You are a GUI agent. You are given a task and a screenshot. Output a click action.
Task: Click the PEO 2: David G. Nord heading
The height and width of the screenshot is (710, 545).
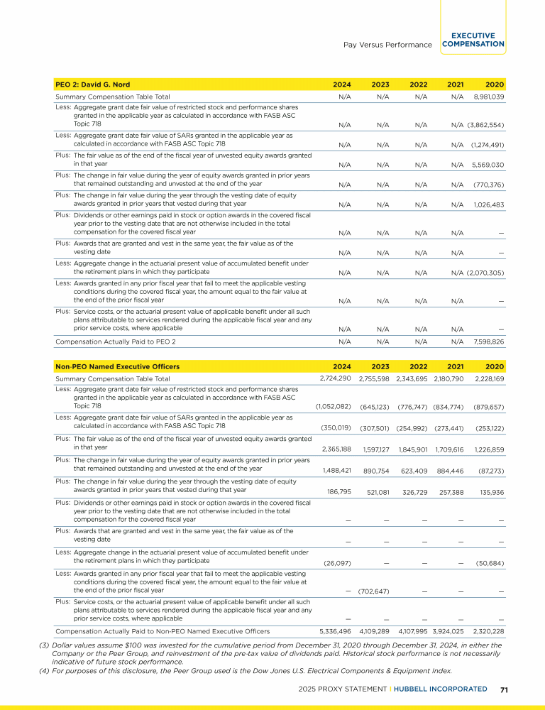click(x=93, y=84)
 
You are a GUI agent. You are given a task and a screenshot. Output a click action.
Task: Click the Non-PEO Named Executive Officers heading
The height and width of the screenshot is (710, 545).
click(x=117, y=366)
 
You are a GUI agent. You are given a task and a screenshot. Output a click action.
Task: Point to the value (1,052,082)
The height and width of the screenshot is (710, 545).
click(x=334, y=406)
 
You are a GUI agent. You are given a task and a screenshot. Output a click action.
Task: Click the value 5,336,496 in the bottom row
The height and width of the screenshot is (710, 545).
click(x=335, y=630)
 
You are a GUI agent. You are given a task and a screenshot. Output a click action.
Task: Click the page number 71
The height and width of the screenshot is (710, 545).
click(x=504, y=689)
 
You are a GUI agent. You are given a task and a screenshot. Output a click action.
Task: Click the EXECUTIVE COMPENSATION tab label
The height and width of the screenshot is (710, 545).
click(x=473, y=40)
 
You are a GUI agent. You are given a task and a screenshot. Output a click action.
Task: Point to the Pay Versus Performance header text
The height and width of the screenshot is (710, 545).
click(x=387, y=45)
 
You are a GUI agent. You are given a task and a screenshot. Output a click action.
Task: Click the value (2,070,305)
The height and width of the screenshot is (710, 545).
click(x=485, y=273)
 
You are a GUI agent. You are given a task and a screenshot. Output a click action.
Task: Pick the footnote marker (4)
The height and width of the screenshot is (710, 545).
click(x=44, y=671)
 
